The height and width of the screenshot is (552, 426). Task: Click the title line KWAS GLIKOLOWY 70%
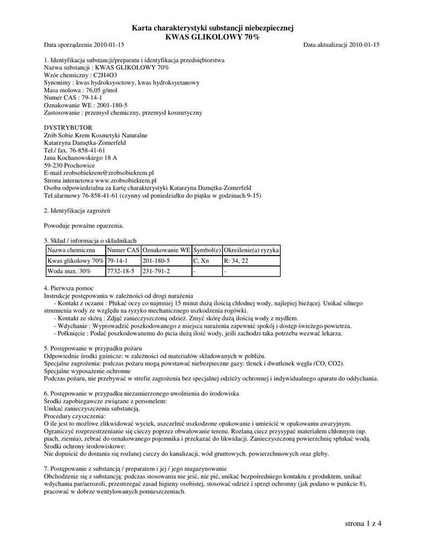[x=212, y=37]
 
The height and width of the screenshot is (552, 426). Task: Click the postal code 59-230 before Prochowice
[x=53, y=165]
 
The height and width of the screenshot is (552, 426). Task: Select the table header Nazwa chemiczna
[x=71, y=251]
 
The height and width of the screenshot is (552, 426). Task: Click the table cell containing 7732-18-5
[x=121, y=271]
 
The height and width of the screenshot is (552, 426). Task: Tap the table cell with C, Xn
[x=201, y=261]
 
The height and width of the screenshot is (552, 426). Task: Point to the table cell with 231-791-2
[x=156, y=271]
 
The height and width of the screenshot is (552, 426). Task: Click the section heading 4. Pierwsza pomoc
[x=68, y=289]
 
